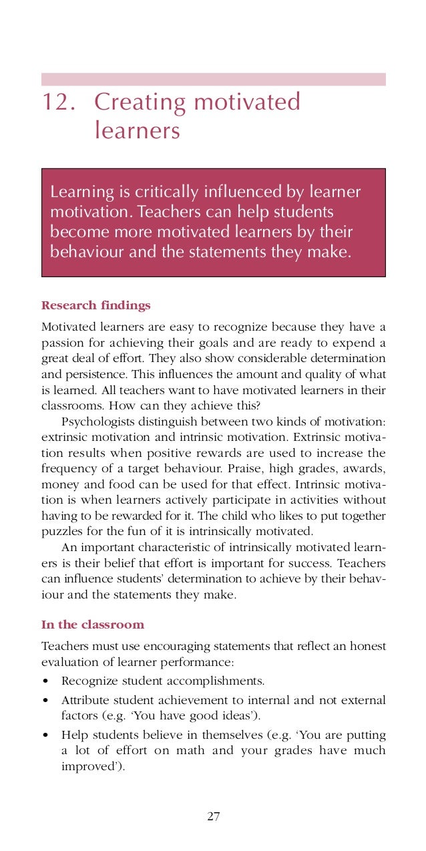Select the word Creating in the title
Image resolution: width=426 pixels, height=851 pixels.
140,103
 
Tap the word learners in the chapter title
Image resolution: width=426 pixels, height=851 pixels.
137,130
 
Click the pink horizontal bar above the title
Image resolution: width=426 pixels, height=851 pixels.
213,79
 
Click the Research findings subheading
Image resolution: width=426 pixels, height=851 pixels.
95,306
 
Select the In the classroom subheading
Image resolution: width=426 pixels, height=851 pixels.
93,625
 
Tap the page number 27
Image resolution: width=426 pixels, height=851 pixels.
214,816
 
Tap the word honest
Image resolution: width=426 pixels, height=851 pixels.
367,647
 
